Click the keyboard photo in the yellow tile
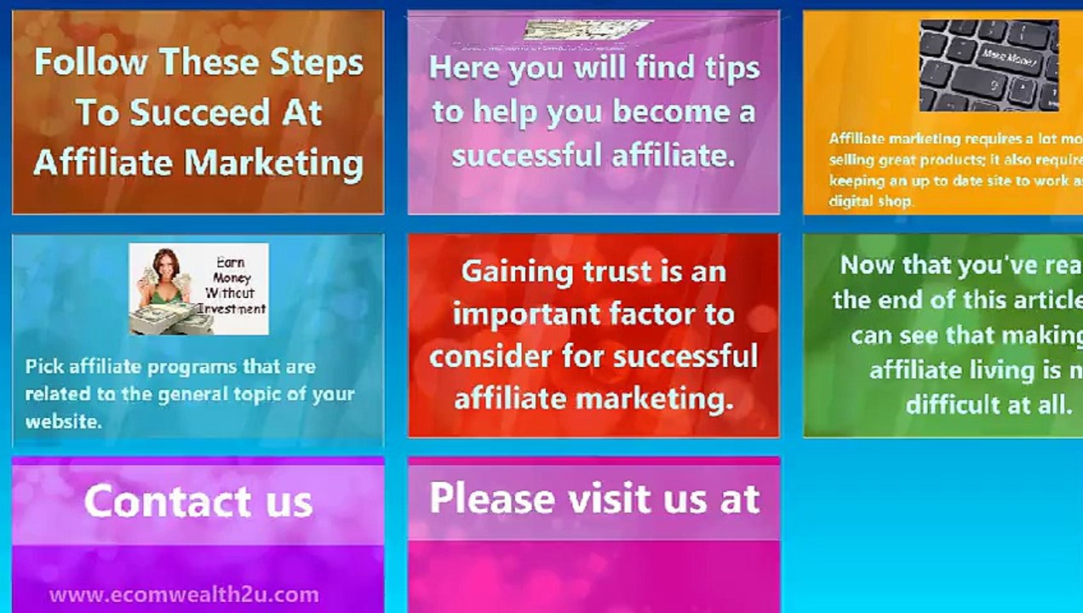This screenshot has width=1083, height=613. pyautogui.click(x=988, y=66)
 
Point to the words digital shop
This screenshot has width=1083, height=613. pyautogui.click(x=870, y=202)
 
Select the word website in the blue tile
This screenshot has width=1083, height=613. pyautogui.click(x=62, y=421)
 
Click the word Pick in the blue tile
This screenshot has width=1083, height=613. pyautogui.click(x=44, y=367)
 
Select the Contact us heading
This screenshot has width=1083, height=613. pyautogui.click(x=198, y=501)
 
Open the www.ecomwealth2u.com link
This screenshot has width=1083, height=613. pyautogui.click(x=184, y=594)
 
